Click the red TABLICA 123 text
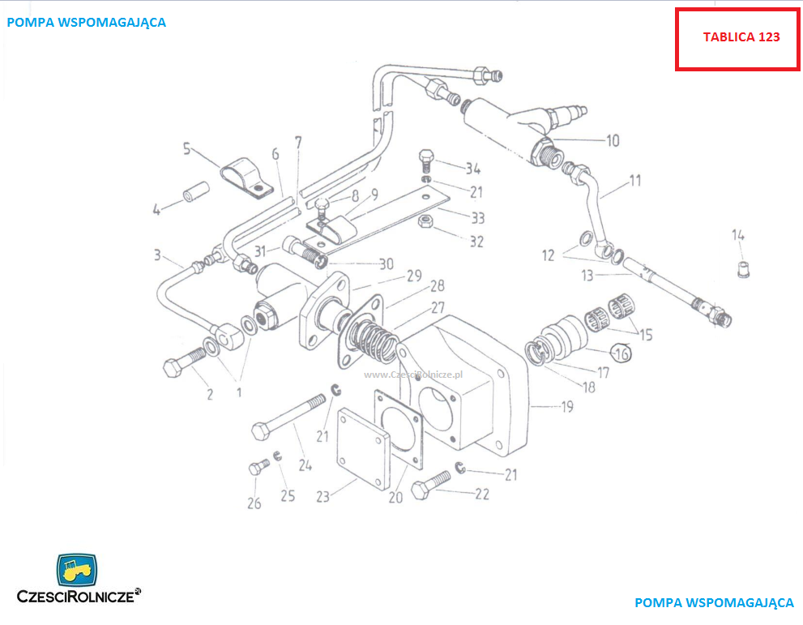[741, 37]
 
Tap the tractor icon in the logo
[76, 569]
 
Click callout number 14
[738, 235]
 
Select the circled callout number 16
[621, 353]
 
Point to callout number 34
[472, 168]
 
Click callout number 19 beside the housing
[567, 407]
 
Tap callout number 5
[186, 148]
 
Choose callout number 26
[254, 503]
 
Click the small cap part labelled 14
[743, 269]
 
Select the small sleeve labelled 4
[196, 191]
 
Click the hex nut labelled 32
[426, 222]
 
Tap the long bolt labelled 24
[288, 417]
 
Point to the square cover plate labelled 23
[363, 449]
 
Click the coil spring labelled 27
[370, 340]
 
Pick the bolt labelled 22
[431, 485]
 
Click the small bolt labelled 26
[259, 467]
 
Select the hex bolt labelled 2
[185, 362]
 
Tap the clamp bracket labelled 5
[246, 178]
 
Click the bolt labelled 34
[426, 161]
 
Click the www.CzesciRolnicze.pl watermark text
[412, 375]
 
